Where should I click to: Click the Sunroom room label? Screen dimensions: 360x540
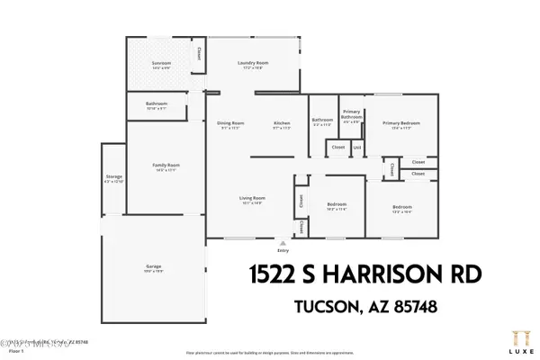161,63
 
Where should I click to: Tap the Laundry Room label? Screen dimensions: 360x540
254,62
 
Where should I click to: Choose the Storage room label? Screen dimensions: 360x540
113,176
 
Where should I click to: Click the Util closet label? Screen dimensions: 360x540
356,147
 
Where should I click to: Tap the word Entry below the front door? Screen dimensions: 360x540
283,252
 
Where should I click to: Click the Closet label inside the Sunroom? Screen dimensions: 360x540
200,53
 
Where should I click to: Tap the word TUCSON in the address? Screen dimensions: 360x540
329,307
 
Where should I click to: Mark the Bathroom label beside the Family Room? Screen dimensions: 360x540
157,103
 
